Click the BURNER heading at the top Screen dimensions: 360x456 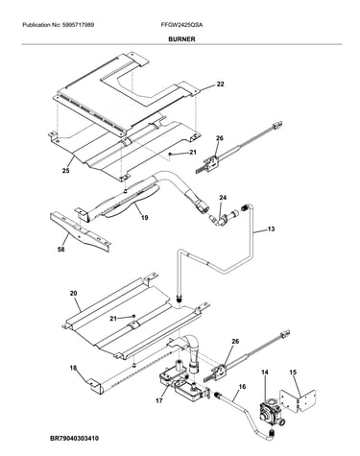pos(181,39)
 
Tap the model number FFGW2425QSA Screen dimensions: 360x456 pos(181,25)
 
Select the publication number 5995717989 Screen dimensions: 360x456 pos(77,25)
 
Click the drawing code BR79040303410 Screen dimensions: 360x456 pos(74,439)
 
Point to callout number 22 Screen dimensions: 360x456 pos(220,84)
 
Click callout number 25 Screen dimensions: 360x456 pos(65,171)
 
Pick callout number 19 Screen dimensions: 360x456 pos(144,218)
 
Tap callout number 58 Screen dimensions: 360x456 pos(60,249)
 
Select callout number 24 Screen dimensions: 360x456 pos(223,198)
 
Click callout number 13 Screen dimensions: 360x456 pos(271,229)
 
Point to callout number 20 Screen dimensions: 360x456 pos(73,293)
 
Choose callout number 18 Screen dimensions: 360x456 pos(73,369)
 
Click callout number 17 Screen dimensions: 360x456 pos(159,400)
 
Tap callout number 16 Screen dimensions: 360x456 pos(242,387)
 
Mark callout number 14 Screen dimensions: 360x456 pos(265,372)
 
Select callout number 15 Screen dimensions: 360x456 pos(293,372)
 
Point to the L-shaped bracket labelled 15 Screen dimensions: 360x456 pos(298,400)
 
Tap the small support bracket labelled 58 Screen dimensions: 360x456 pos(81,232)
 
